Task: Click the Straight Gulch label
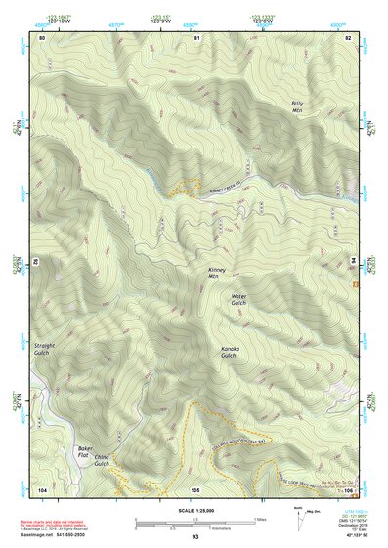(x=46, y=349)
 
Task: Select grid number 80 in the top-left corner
(x=42, y=37)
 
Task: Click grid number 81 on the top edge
(x=196, y=37)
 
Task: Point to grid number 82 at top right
(x=347, y=37)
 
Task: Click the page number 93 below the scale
(x=194, y=536)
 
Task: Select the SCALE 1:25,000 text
(x=194, y=509)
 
